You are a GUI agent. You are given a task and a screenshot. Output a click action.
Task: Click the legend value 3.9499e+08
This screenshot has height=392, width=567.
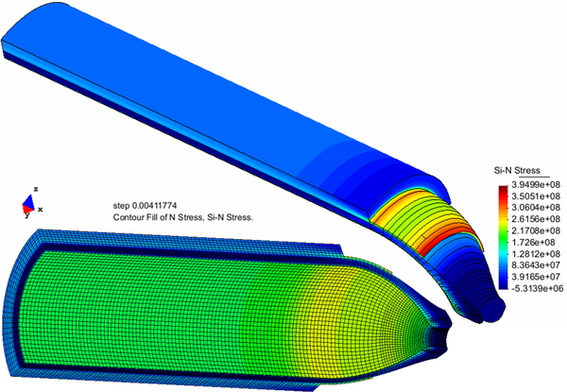pyautogui.click(x=536, y=185)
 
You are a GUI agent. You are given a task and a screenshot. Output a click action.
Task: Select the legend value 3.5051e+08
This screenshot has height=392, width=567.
pyautogui.click(x=536, y=196)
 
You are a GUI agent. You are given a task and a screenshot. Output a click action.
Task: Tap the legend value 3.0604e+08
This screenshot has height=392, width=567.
pyautogui.click(x=536, y=208)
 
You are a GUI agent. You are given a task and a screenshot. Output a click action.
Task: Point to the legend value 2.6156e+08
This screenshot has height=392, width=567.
pyautogui.click(x=536, y=219)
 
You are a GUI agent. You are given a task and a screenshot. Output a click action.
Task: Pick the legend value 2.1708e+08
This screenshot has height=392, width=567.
pyautogui.click(x=536, y=230)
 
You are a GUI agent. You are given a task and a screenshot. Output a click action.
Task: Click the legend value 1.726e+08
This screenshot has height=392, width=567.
pyautogui.click(x=533, y=242)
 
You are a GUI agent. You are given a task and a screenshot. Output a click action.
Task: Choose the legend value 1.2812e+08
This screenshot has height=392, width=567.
pyautogui.click(x=536, y=254)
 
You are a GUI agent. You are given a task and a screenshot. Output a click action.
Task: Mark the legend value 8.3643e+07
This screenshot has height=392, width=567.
pyautogui.click(x=536, y=265)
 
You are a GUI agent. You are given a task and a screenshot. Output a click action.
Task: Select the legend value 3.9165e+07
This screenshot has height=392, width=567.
pyautogui.click(x=536, y=277)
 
